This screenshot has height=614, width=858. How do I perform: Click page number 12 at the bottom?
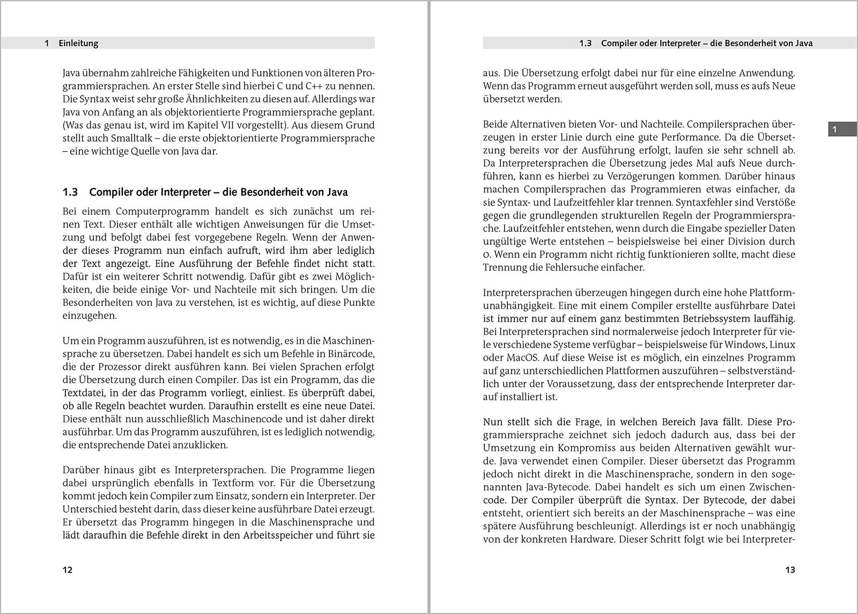point(68,569)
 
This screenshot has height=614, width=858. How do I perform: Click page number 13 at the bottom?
point(790,569)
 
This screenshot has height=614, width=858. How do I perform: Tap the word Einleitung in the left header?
point(78,43)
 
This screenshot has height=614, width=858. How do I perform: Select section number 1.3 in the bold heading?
point(70,192)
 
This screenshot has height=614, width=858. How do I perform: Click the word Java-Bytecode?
point(560,487)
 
